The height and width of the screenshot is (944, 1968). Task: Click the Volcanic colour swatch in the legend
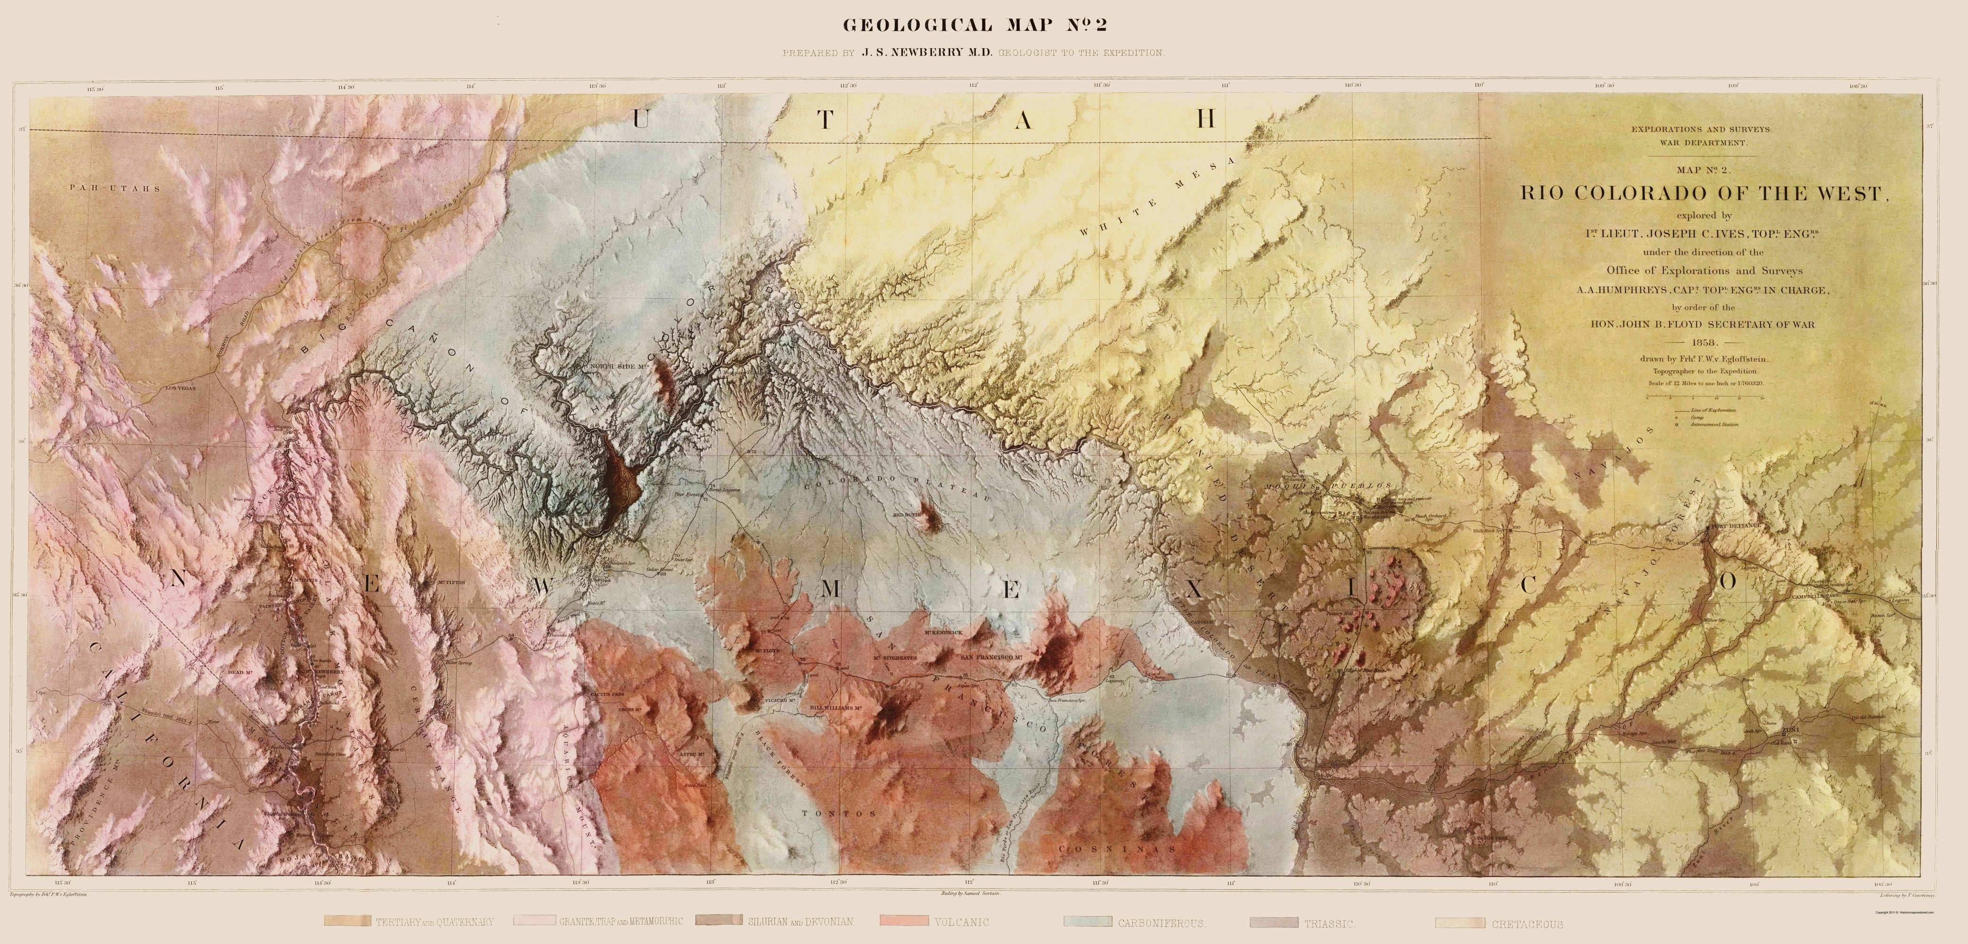(904, 921)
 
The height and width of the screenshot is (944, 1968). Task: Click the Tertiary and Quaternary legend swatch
(348, 921)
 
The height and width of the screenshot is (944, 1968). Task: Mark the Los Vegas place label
(181, 388)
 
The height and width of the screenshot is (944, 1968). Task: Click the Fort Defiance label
(1738, 525)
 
